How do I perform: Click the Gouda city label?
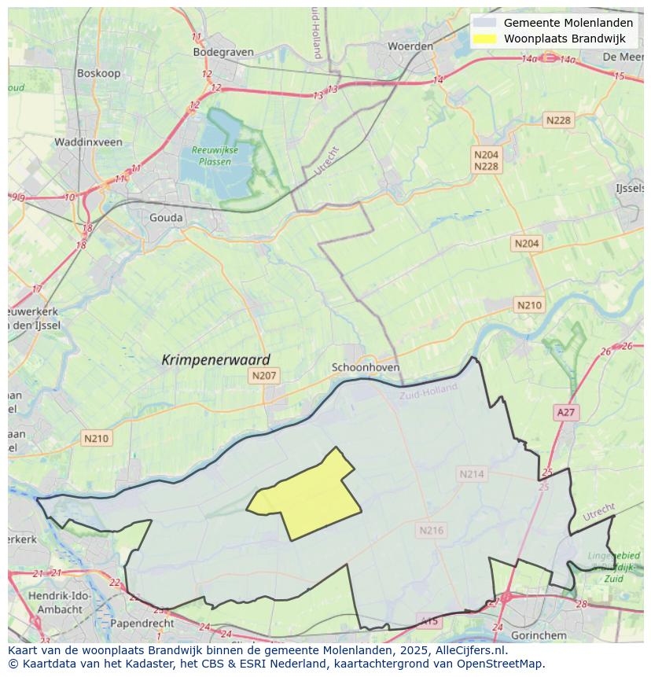click(x=166, y=218)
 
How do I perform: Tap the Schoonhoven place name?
click(x=366, y=367)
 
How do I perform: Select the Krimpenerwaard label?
click(x=215, y=359)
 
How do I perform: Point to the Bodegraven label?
click(x=223, y=53)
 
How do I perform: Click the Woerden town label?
click(x=410, y=46)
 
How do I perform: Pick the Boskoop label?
click(x=97, y=73)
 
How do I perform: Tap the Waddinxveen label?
click(x=88, y=142)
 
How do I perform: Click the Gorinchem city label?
click(x=539, y=635)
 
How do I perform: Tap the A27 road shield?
click(x=565, y=412)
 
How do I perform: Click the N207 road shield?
click(x=263, y=376)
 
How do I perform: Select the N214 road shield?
click(x=472, y=473)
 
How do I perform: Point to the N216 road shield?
click(x=431, y=530)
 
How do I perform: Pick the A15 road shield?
click(x=429, y=621)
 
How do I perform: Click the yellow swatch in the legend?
click(x=486, y=39)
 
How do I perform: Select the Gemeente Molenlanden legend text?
click(x=568, y=23)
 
